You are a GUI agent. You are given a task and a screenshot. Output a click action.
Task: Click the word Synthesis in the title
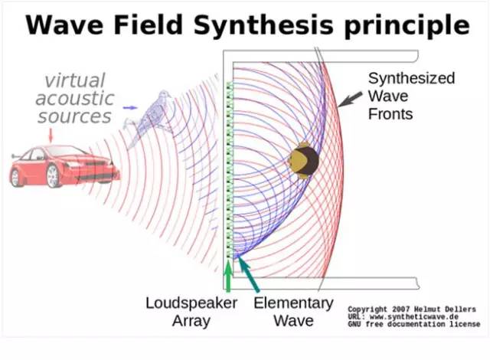[x=263, y=26]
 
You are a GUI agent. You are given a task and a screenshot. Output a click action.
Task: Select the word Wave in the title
[x=64, y=25]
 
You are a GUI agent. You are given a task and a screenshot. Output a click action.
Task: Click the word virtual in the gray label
[x=75, y=80]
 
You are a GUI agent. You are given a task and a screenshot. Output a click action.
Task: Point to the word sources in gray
[x=74, y=116]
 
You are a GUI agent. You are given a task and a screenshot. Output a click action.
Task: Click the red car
[x=65, y=166]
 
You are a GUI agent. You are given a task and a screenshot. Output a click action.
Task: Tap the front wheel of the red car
[x=54, y=176]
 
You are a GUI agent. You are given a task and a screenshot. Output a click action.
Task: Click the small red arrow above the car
[x=51, y=135]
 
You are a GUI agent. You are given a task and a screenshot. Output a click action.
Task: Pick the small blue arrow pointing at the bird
[x=130, y=108]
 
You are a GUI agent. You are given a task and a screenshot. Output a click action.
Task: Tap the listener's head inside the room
[x=303, y=160]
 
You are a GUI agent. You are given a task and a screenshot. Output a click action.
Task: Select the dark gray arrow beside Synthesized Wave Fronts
[x=350, y=100]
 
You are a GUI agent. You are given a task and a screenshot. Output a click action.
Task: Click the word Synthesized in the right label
[x=411, y=78]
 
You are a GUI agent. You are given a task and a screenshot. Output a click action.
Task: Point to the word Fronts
[x=390, y=114]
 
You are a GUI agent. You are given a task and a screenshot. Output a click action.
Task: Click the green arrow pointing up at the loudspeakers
[x=228, y=276]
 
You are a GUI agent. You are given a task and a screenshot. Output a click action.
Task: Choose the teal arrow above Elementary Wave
[x=248, y=273]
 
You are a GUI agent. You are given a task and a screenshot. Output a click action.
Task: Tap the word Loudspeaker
[x=191, y=303]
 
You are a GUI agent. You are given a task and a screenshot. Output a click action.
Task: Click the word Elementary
[x=293, y=303]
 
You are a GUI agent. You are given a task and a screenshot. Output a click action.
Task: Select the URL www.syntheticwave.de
[x=413, y=317]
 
